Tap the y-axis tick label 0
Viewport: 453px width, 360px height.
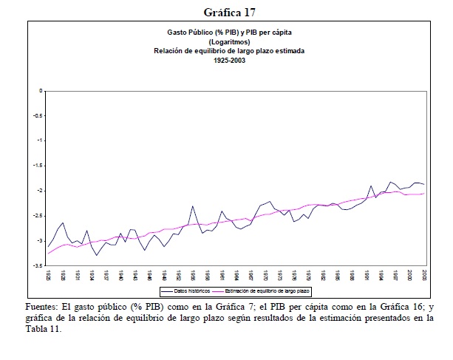point(41,90)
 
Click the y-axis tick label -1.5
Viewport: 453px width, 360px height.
point(38,166)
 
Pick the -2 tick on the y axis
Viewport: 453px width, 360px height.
point(40,191)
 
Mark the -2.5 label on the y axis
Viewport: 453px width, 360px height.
point(38,215)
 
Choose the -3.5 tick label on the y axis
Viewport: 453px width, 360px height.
point(38,265)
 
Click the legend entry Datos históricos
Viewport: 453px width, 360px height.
point(185,292)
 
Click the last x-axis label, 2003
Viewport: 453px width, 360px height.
point(423,274)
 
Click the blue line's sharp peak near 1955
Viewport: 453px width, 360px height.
point(192,206)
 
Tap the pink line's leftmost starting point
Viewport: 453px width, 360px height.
point(48,254)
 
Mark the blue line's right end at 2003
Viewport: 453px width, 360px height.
point(424,184)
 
